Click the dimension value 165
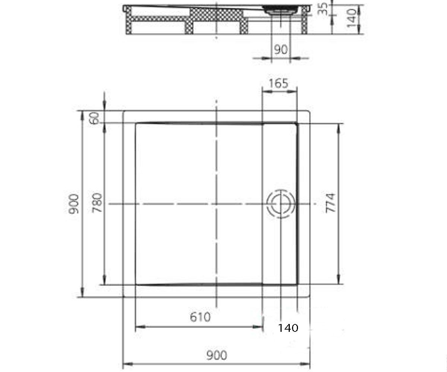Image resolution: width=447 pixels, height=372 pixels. coord(278,83)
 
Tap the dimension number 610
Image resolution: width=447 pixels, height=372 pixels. coord(200,317)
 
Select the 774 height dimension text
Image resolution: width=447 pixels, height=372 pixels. coord(330,203)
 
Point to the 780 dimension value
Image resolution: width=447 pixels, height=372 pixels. coord(97,203)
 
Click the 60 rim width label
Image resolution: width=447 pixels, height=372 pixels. coord(95,118)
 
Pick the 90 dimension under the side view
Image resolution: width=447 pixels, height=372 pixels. coord(280,49)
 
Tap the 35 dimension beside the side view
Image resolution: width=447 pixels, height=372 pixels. coord(322,9)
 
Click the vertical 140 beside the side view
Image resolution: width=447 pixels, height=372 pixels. coord(351,18)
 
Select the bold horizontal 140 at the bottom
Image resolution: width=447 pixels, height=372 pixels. coord(288,328)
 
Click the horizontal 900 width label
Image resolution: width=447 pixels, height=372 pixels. coord(216,355)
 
